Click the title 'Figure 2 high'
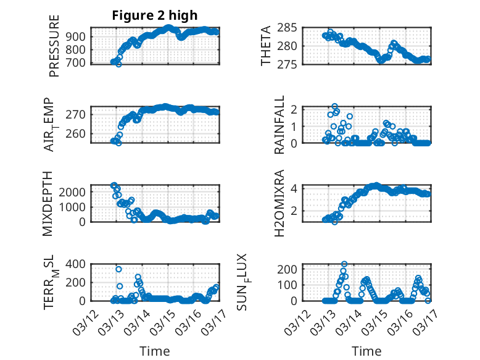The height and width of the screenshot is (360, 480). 155,15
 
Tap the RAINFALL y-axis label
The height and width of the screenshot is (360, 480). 279,125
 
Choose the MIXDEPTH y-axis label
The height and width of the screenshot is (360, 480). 49,203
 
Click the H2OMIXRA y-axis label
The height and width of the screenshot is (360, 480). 279,203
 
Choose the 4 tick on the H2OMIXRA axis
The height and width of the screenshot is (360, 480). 296,188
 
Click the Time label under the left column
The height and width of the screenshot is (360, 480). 155,351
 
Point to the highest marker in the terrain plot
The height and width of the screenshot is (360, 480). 118,269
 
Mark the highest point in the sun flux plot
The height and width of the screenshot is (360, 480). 344,264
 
